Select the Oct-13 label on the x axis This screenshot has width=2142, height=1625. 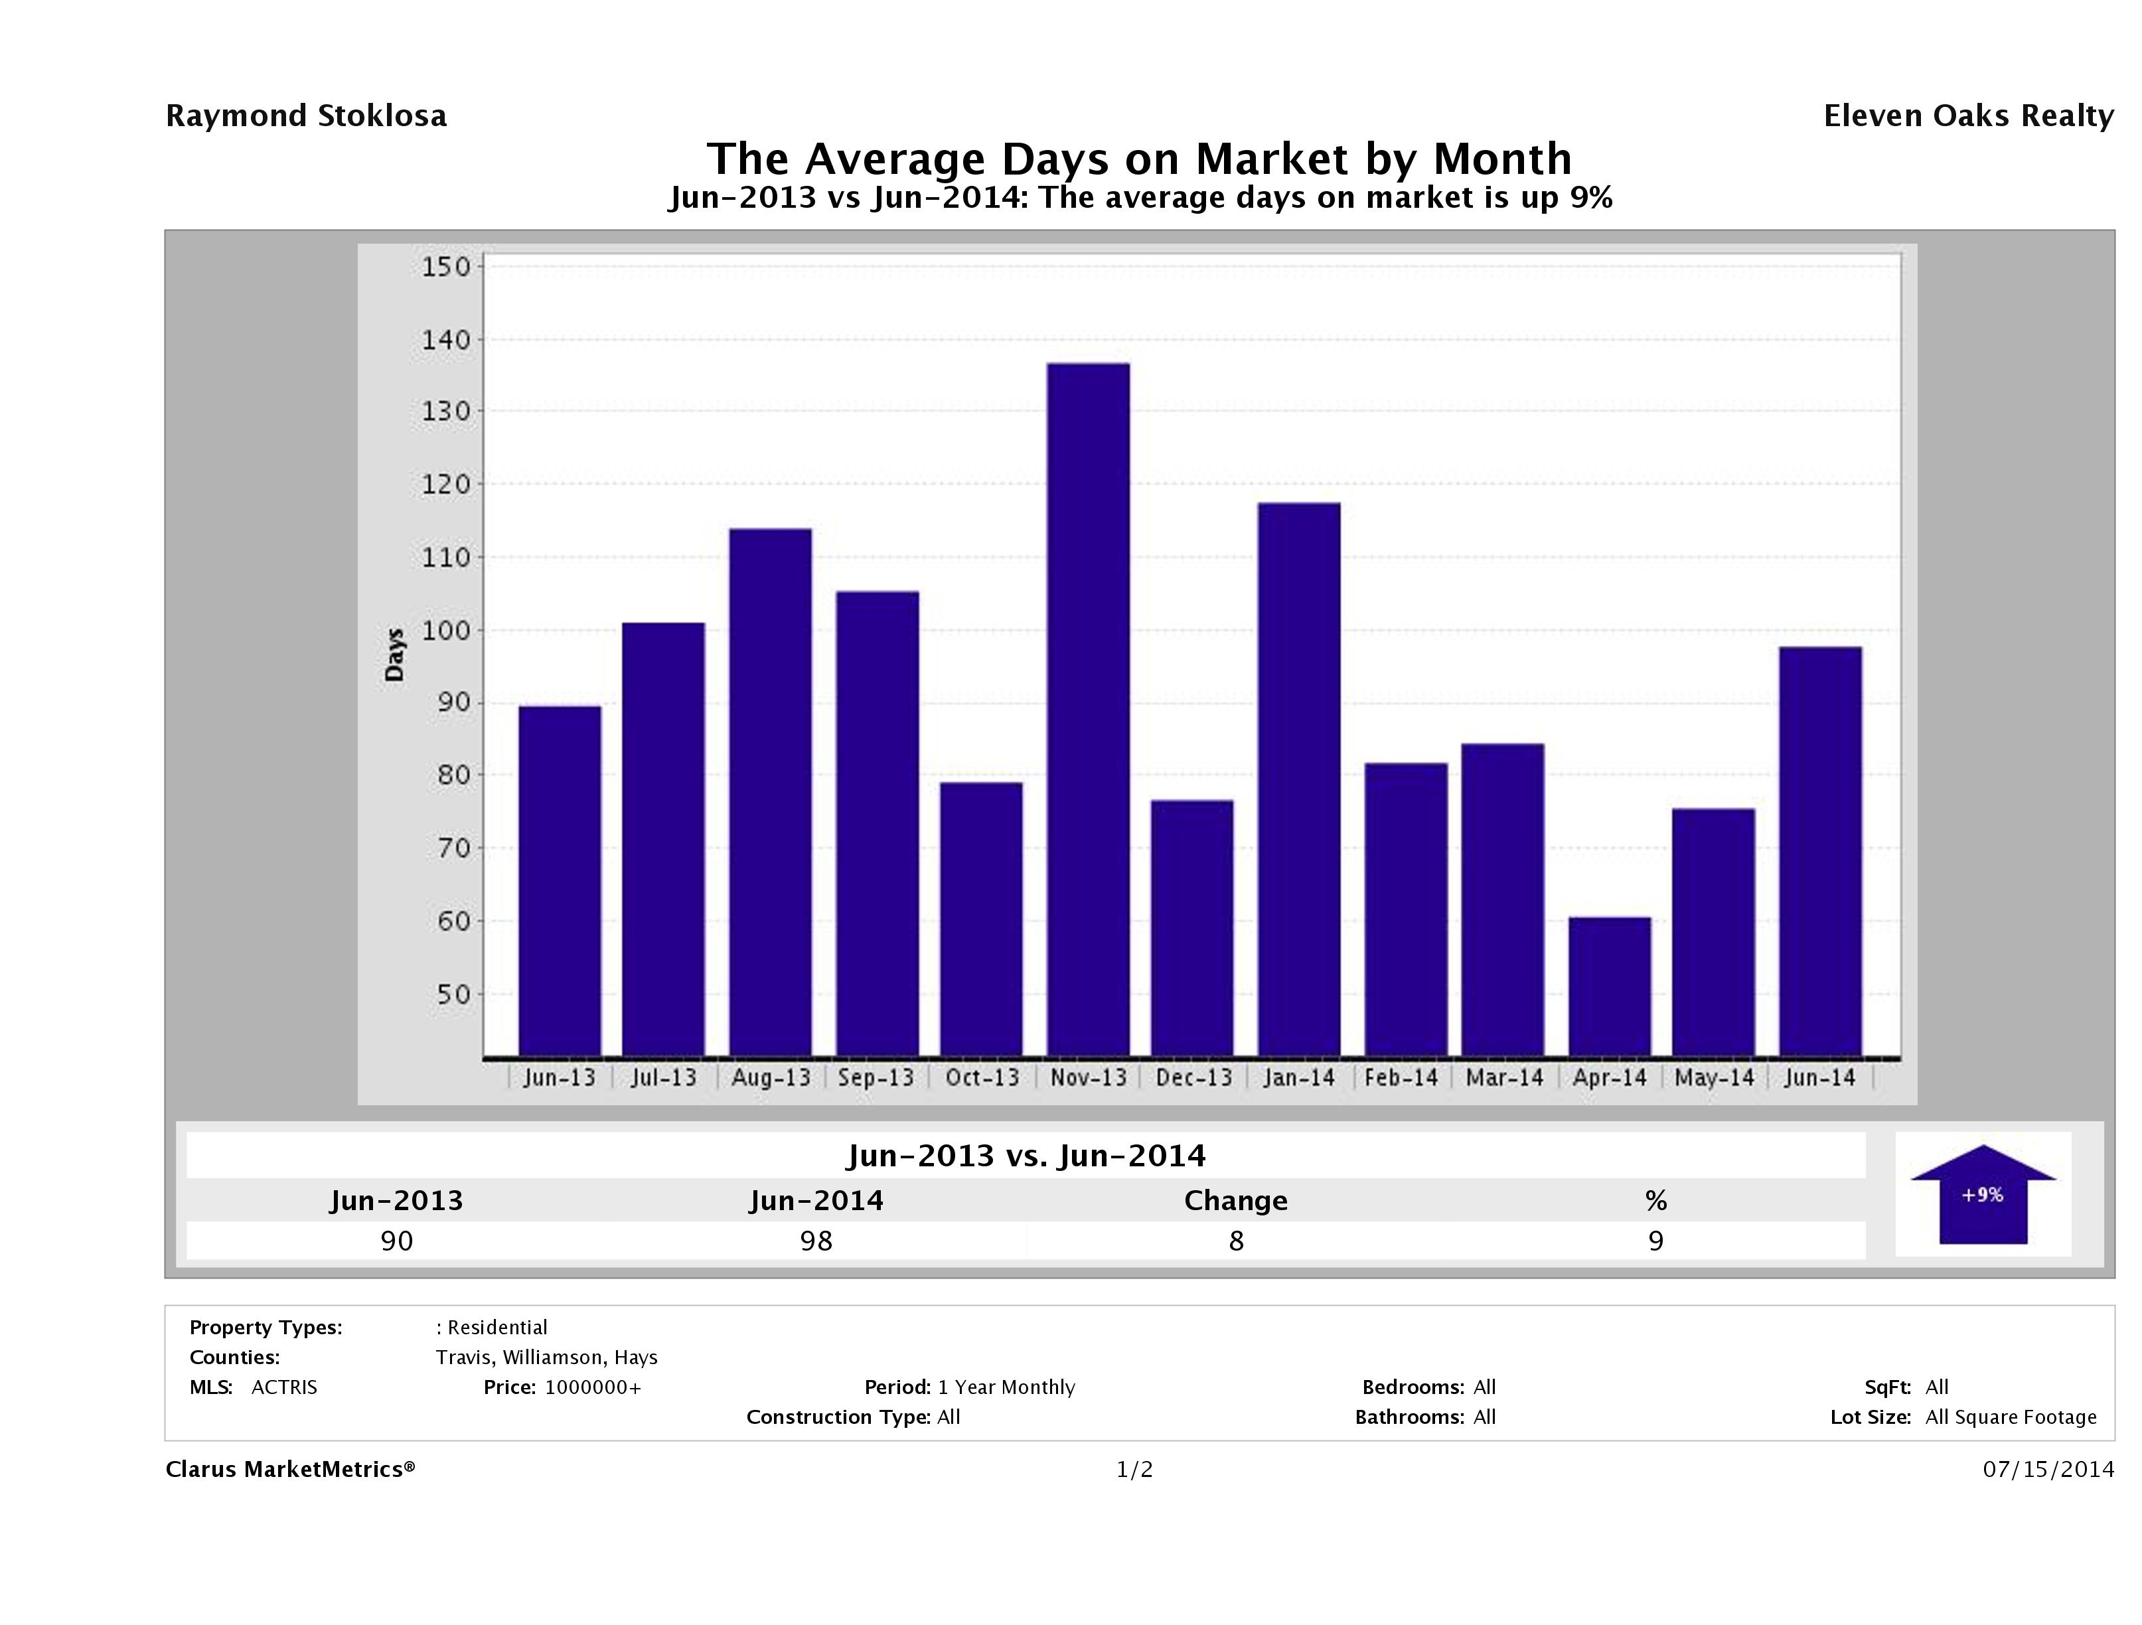(x=982, y=1078)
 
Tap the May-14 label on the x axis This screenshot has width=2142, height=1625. (x=1714, y=1078)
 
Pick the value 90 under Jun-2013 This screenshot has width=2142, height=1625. (x=397, y=1241)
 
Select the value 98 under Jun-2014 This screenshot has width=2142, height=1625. (x=816, y=1241)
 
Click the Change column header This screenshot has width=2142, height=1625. (x=1236, y=1201)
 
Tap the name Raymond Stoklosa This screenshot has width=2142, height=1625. (x=306, y=116)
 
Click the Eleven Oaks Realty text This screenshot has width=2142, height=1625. (x=1967, y=116)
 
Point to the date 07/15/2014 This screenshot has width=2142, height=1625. (x=2048, y=1469)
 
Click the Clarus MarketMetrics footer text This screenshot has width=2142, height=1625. (x=289, y=1469)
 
